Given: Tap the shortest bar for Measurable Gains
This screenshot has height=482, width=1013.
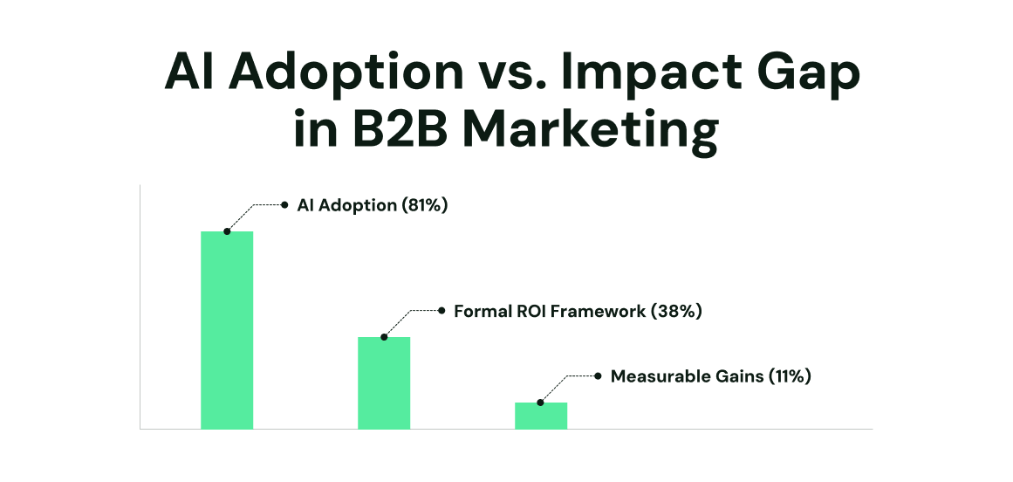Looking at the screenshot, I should [541, 416].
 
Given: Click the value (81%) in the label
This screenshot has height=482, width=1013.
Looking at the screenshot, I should [425, 205].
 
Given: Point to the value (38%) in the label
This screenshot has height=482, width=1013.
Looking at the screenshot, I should [676, 311].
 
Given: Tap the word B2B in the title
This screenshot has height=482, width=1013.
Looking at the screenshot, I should [400, 132].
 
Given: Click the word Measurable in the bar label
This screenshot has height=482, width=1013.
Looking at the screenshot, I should [652, 376].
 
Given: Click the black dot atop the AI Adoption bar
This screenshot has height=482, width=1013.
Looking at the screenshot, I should [227, 231].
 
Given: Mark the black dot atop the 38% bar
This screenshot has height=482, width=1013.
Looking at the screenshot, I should [384, 337].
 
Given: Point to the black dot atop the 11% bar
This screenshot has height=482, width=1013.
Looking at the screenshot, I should [541, 403].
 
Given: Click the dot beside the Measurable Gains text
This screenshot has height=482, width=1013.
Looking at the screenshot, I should [598, 376].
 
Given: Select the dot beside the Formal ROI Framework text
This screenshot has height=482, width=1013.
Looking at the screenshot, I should [441, 311].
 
